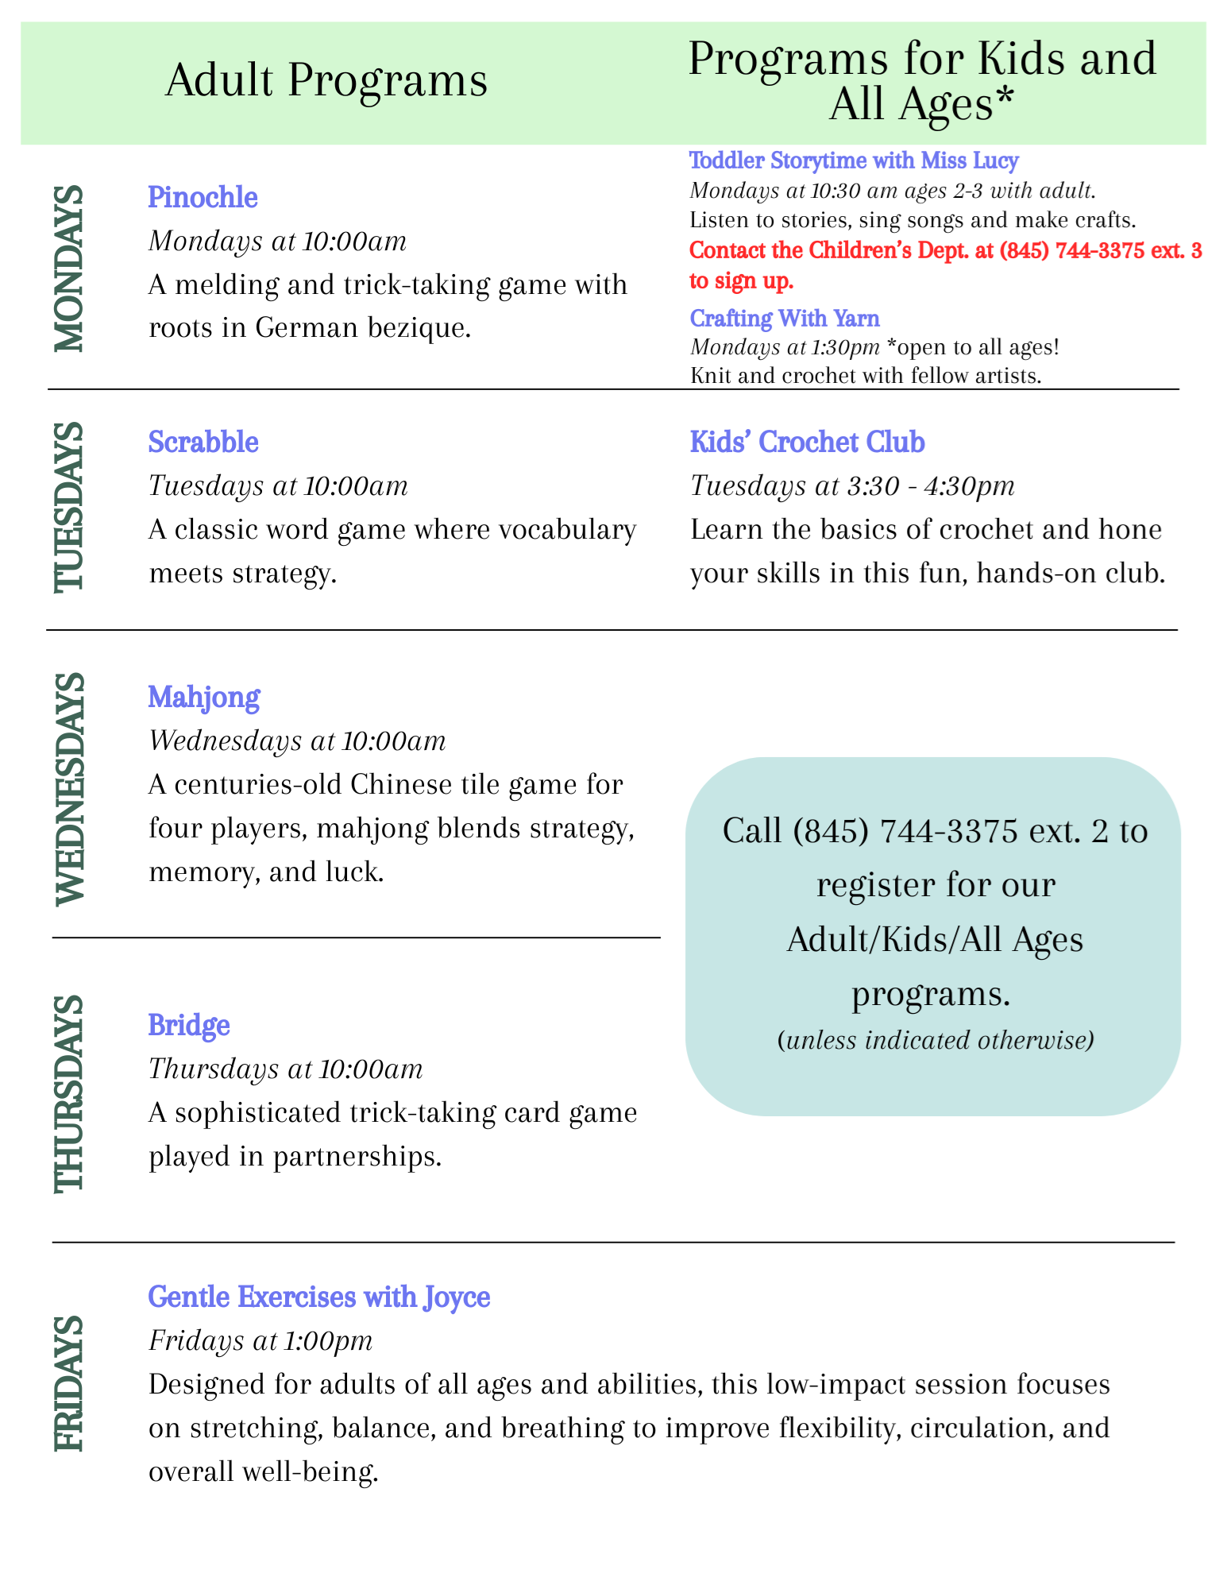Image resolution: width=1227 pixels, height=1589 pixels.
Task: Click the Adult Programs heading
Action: pos(326,81)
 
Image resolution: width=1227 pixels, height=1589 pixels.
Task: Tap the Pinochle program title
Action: pos(203,197)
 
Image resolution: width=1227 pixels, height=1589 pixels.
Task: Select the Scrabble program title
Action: pos(203,442)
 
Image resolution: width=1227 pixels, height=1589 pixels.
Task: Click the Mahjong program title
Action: pos(203,698)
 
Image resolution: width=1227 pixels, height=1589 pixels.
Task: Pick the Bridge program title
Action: pos(189,1025)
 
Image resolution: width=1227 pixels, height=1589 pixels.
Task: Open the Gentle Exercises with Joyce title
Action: pos(318,1297)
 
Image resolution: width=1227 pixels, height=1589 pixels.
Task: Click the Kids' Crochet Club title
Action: pos(807,442)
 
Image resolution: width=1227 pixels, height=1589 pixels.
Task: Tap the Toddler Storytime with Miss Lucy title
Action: pos(854,160)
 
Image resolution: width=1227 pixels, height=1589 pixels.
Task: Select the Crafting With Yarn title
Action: pos(785,318)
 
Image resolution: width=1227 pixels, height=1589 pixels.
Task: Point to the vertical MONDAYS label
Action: pos(68,269)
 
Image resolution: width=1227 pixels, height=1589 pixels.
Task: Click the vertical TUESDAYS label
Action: pos(68,507)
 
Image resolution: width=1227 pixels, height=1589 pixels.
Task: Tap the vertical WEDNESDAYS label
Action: pos(68,788)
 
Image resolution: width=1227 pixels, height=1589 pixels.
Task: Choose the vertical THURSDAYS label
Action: pos(68,1092)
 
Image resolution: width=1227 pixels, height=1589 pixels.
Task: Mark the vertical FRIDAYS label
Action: pos(68,1383)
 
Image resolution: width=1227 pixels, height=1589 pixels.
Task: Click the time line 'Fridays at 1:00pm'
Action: pos(260,1340)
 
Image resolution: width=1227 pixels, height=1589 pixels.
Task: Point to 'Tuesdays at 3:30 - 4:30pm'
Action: pos(852,485)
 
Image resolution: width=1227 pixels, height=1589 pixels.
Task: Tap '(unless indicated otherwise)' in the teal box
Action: pos(936,1040)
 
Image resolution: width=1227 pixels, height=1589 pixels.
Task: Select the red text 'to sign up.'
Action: pos(741,280)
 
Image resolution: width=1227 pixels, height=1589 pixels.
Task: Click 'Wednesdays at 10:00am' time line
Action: pos(297,740)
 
